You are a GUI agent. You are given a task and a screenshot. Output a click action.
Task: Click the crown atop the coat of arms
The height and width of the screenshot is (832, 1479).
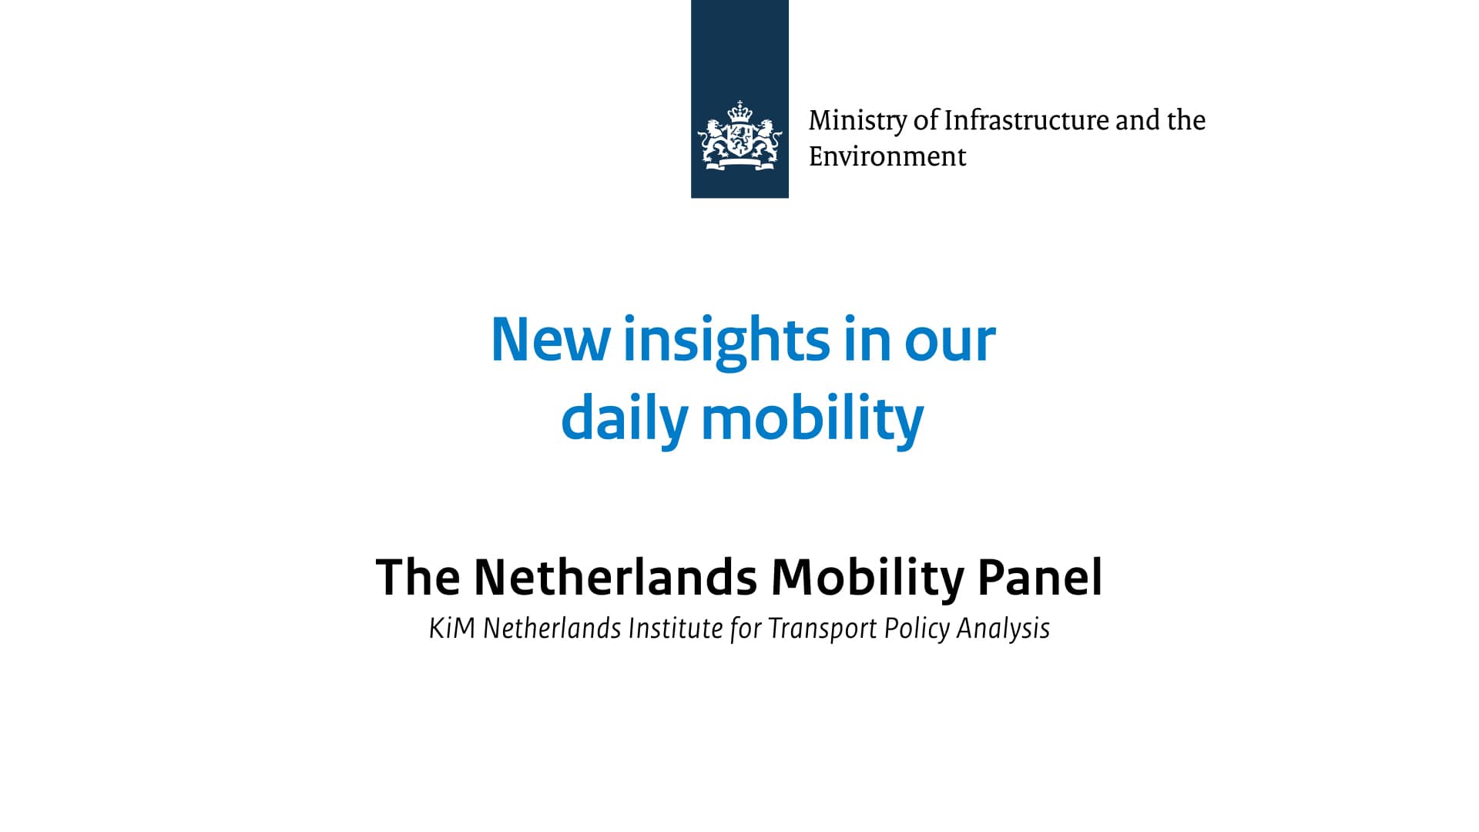point(739,111)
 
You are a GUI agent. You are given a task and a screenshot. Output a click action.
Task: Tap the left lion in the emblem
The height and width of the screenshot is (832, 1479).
point(713,139)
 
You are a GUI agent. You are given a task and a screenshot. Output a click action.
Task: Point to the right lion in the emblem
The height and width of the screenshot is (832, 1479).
point(767,139)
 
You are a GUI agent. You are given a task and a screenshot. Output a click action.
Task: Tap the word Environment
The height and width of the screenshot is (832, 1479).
point(887,156)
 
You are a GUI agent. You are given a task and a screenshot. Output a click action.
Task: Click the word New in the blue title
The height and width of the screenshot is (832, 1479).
point(551,340)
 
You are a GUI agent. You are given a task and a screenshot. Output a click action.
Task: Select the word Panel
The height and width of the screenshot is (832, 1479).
point(1040,577)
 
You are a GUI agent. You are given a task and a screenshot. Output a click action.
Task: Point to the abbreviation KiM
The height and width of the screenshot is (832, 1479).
point(451,629)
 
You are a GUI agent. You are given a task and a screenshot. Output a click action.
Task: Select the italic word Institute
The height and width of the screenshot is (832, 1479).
point(674,629)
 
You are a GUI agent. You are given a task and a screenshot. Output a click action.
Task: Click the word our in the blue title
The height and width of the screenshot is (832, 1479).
point(950,344)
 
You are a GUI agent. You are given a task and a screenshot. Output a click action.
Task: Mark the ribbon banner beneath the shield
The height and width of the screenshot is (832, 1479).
point(740,163)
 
